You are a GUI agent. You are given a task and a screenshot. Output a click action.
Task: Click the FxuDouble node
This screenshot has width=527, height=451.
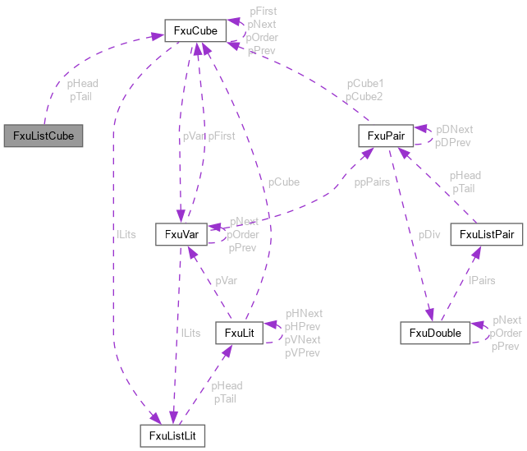tap(435, 333)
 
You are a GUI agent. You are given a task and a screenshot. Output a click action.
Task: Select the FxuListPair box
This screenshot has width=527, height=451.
tap(487, 235)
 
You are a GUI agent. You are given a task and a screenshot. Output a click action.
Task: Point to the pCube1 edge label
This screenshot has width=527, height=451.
tap(364, 84)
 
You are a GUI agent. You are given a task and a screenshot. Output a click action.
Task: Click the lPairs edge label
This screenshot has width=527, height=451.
tap(482, 280)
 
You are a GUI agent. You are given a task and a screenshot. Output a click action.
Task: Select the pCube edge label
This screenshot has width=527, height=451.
tap(283, 182)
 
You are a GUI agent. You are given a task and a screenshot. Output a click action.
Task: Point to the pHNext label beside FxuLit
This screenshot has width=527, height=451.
tap(304, 313)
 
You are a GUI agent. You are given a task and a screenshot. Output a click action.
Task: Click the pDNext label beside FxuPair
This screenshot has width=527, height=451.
tap(454, 130)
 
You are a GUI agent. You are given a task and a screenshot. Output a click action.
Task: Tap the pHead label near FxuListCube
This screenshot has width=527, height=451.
tap(83, 84)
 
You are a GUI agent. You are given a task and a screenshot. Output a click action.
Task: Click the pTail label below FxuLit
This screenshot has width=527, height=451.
tap(225, 398)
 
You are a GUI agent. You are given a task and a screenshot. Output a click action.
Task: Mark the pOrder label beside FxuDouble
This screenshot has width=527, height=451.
tap(506, 333)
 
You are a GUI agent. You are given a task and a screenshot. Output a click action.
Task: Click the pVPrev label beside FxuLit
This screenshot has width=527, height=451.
tap(303, 352)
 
